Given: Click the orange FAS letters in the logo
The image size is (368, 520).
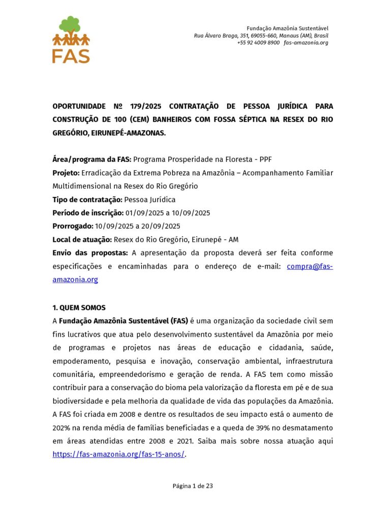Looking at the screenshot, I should pos(71,55).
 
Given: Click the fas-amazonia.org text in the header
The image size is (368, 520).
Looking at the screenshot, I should pos(306,43).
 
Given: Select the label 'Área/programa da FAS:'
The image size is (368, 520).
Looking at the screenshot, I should pos(92,159).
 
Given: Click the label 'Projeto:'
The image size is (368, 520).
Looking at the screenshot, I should pos(66,173).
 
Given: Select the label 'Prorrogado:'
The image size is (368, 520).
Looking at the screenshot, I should pos(73,226).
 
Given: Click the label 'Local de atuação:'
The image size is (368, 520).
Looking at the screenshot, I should pos(82,239).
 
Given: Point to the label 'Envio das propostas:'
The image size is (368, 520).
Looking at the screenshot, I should pos(90,252).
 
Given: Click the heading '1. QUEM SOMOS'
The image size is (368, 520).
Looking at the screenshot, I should pos(79,308).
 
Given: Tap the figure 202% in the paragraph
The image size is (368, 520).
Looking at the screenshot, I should pos(62,428).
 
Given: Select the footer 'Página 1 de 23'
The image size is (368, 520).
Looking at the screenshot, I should pos(193,486).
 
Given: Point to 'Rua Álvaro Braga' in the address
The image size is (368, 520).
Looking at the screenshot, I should pos(213,36).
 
